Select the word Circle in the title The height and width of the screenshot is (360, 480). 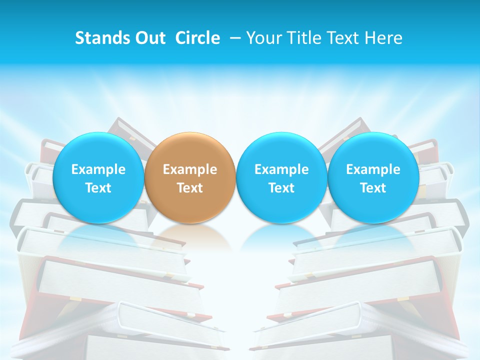197,38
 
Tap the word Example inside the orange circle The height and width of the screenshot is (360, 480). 190,169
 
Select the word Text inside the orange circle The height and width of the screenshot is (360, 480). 190,188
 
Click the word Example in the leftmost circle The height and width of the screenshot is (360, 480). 98,169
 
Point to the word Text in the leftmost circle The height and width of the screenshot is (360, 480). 98,188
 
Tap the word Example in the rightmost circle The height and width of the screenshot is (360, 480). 373,169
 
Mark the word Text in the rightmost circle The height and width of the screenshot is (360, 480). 373,188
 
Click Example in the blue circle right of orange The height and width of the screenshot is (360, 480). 281,169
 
